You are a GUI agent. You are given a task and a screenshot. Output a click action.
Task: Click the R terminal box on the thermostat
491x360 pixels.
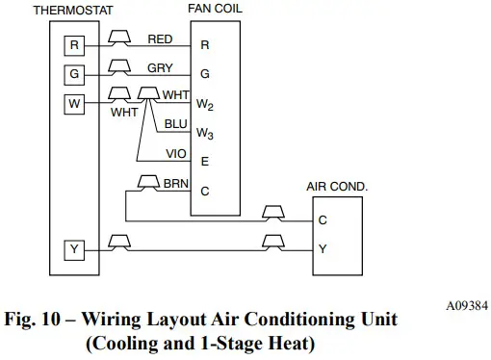coord(74,44)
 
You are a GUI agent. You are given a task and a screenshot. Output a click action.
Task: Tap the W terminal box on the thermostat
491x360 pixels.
coord(74,102)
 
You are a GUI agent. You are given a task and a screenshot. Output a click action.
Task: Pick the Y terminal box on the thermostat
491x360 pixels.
coord(74,249)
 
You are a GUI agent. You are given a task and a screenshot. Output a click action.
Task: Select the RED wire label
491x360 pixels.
coord(161,39)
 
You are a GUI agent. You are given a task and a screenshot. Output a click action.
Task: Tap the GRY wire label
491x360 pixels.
coord(160,68)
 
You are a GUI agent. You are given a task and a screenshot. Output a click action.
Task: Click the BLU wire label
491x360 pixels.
coord(176,124)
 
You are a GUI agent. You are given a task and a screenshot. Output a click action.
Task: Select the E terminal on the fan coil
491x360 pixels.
coord(204,162)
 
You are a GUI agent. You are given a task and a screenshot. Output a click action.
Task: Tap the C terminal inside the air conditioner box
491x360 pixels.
coord(323,220)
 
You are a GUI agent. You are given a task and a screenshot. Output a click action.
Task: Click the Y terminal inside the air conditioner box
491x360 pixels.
coord(323,249)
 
